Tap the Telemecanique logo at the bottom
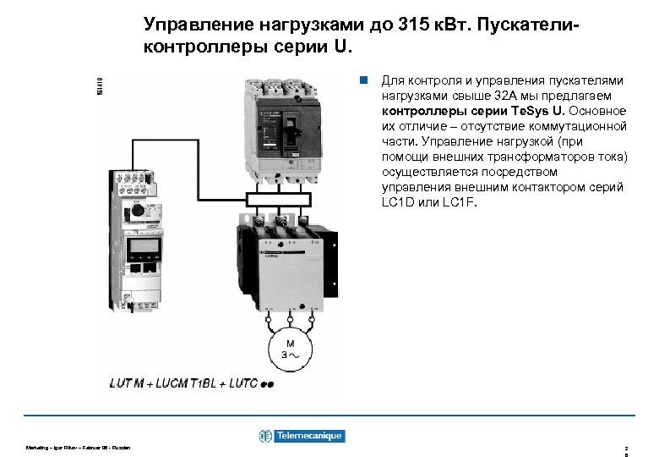[302, 436]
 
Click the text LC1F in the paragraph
[457, 203]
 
